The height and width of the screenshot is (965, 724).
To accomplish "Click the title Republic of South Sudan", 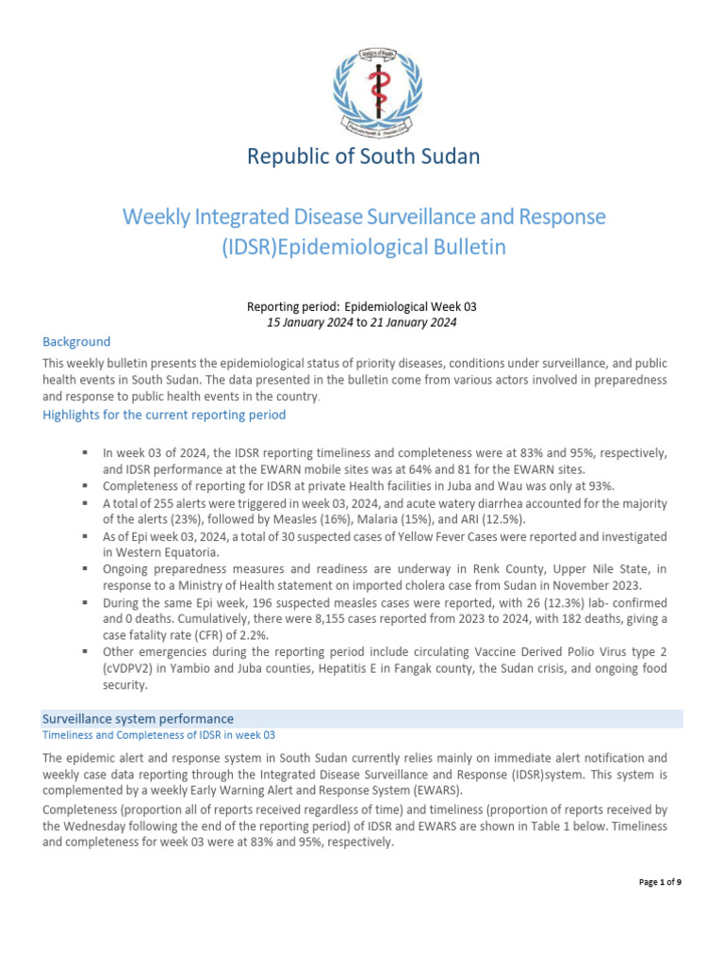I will [x=363, y=156].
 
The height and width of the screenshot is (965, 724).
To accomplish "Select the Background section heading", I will [x=76, y=342].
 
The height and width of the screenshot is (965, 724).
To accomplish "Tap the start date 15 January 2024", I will [x=310, y=323].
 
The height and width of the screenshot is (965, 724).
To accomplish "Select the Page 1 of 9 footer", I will [x=659, y=882].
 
